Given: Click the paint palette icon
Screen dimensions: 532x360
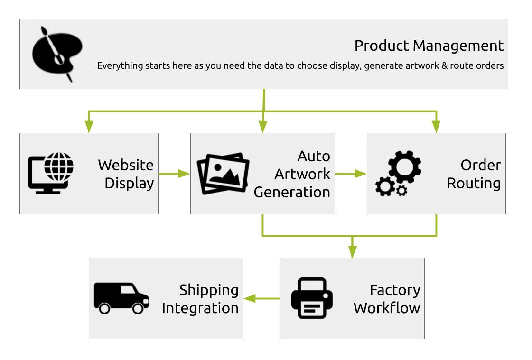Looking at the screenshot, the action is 57,54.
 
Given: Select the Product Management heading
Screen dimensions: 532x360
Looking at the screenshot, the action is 429,46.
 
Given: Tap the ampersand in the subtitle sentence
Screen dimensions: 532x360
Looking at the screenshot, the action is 445,65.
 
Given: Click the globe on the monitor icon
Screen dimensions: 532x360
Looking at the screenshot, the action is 59,167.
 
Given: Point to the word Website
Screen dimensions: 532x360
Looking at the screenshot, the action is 126,165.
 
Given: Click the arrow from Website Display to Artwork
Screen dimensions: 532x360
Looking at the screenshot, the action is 174,174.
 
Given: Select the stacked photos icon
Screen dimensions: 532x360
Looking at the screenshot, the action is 223,174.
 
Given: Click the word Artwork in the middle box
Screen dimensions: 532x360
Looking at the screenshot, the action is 302,174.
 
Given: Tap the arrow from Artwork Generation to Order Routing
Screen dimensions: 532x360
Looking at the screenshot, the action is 351,174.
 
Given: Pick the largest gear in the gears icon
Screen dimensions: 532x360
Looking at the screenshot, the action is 405,167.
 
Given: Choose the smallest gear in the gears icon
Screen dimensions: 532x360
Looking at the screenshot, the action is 401,191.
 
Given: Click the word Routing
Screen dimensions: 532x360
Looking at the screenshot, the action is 474,184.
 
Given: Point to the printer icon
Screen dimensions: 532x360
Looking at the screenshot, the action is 312,298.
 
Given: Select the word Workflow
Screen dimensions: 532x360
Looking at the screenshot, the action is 387,308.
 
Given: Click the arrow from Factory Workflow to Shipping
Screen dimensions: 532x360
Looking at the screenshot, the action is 262,299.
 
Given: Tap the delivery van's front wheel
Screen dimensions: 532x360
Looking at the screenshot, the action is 138,308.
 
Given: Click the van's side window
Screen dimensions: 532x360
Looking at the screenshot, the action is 128,289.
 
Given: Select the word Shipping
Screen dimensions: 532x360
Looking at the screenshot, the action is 209,290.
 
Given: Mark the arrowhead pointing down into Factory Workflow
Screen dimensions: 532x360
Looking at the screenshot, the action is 353,252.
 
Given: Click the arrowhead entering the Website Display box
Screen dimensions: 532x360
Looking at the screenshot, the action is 89,127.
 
